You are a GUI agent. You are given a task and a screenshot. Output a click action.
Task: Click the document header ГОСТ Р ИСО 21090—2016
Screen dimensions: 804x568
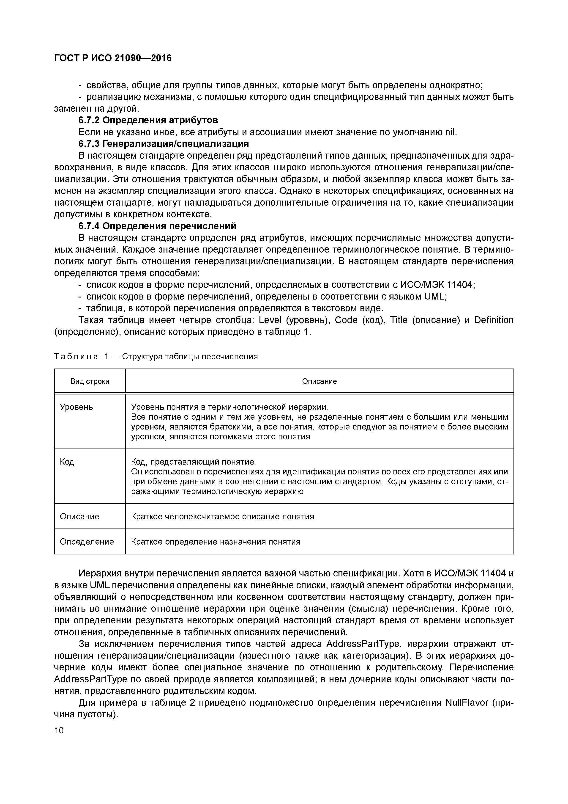(113, 58)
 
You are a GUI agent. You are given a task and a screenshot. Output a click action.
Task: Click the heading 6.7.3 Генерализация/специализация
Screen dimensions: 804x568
(164, 144)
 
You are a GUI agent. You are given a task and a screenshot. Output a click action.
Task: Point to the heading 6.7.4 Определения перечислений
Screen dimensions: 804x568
(157, 226)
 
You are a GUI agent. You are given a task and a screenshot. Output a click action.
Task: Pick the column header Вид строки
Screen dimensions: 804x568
(90, 381)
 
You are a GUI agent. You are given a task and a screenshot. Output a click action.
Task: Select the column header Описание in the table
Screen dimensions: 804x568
(319, 381)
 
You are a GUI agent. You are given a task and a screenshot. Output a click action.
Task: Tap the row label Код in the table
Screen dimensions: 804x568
(67, 462)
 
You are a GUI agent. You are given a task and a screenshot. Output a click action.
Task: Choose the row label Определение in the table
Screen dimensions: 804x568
(87, 542)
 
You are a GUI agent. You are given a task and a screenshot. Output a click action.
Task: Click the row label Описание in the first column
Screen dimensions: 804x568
(79, 517)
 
